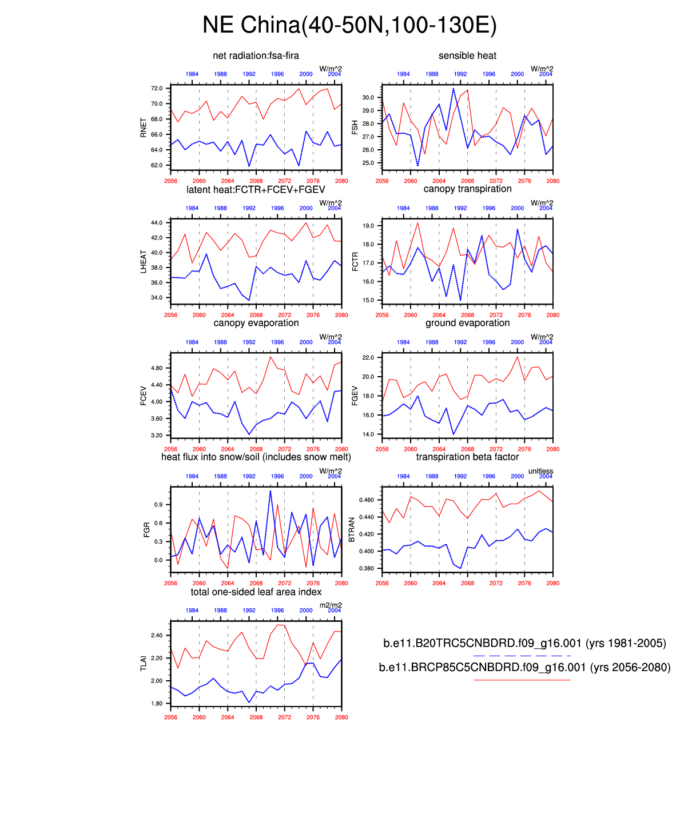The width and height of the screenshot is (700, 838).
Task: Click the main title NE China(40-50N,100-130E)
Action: [349, 25]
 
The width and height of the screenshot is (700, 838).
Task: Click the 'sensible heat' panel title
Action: [467, 55]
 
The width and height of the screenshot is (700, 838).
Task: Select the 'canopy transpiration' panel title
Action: [467, 189]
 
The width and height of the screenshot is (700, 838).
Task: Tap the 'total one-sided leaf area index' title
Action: [256, 592]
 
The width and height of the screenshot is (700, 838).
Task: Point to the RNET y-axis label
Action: [144, 127]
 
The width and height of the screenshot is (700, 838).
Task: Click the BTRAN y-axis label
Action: [352, 530]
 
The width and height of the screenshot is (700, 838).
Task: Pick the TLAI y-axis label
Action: [144, 663]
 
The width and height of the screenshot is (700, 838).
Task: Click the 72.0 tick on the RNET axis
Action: [157, 89]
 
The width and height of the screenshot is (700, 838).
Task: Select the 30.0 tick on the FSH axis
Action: [368, 98]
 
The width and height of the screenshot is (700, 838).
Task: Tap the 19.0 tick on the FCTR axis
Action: [368, 226]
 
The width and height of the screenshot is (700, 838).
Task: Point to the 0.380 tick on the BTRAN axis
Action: [366, 569]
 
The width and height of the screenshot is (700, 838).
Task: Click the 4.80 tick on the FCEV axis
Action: [157, 368]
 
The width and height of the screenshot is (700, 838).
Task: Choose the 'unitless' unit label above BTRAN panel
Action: [540, 471]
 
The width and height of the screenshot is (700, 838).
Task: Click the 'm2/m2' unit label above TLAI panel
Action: [331, 605]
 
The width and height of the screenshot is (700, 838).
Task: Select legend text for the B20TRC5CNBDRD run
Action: [524, 643]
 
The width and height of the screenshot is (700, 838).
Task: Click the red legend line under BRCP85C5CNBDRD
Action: [522, 680]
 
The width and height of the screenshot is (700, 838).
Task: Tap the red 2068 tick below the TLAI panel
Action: [256, 717]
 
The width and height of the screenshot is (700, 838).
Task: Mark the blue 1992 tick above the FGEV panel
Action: [460, 342]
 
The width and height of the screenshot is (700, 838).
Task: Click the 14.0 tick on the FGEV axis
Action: [368, 434]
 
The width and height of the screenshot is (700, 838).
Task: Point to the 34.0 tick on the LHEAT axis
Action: [157, 298]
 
